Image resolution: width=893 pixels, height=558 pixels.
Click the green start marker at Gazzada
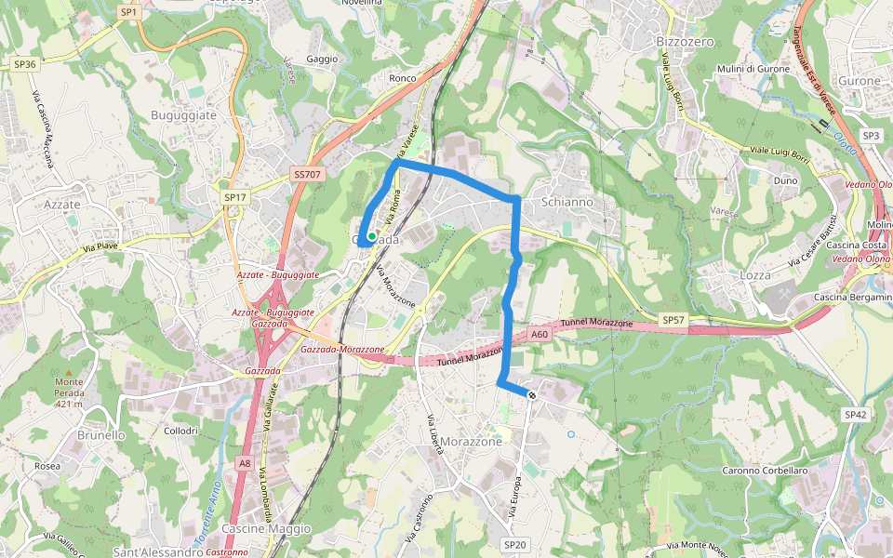point(371,237)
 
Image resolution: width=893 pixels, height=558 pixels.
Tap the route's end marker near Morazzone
point(532,395)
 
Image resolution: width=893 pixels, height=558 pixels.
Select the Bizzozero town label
point(685,42)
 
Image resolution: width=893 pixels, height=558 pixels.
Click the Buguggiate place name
point(183,114)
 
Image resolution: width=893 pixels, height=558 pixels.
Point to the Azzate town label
point(62,204)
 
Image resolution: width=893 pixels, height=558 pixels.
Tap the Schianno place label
point(566,202)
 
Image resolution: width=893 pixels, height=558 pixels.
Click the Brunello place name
point(101,434)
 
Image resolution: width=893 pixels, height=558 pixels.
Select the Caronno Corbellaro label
point(766,471)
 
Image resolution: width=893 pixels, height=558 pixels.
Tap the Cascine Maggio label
point(266,528)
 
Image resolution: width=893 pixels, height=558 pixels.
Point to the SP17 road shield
point(234,197)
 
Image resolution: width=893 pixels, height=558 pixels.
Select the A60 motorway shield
point(540,334)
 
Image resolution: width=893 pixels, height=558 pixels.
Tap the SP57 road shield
point(673,320)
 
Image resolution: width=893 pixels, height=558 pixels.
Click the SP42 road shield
point(855,414)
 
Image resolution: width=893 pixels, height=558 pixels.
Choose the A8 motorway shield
point(244,462)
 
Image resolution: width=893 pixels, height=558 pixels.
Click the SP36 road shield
point(24,64)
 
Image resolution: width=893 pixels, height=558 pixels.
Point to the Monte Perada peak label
point(70,392)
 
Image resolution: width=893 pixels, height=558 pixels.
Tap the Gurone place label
point(859,81)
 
